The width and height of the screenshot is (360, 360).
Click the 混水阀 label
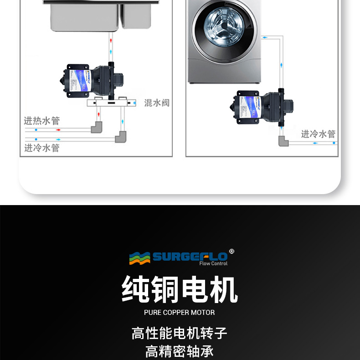157,103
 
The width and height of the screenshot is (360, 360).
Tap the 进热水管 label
41,121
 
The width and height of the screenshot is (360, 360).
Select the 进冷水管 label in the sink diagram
41,148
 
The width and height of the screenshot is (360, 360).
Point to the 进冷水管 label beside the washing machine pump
318,134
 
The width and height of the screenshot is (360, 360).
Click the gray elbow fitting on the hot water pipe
97,128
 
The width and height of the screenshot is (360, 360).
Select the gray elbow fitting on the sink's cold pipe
121,136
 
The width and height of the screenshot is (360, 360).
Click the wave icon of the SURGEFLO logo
139,258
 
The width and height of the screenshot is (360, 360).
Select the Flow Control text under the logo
213,264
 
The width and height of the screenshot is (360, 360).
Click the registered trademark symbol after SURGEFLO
231,251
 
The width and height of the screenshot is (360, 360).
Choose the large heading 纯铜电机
180,289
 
